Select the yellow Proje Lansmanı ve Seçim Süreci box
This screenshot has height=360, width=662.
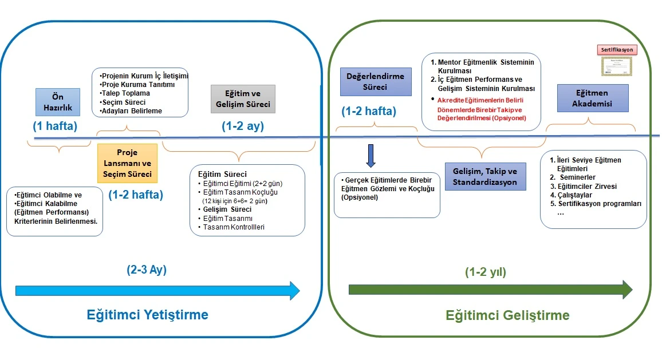(127, 163)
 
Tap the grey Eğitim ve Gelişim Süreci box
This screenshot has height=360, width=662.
(243, 100)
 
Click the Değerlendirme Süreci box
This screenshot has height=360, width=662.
(376, 82)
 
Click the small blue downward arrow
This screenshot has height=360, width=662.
(371, 156)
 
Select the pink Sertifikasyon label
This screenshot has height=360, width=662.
(617, 50)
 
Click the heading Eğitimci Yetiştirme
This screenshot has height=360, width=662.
(147, 315)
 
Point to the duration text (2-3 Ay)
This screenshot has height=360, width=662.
(147, 270)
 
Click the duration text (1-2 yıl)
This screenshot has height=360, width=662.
(486, 272)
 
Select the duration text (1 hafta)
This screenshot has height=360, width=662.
(56, 126)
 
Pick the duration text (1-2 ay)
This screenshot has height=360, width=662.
(243, 126)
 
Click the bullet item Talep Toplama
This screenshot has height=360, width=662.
(125, 93)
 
